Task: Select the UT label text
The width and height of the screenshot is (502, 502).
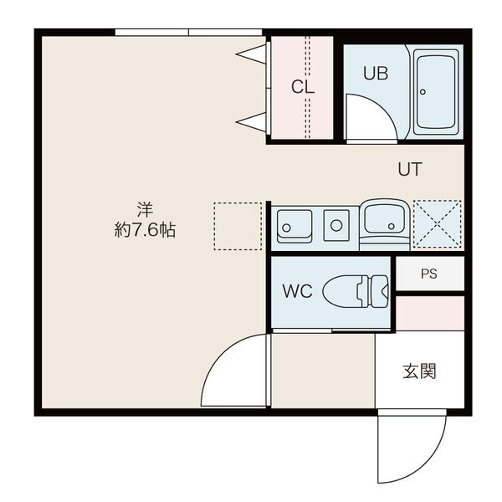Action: pos(409,169)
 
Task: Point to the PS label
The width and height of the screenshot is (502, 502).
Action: pos(428,274)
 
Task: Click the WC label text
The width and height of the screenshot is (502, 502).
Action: pos(296,292)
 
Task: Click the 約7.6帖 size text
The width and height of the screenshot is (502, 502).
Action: pos(145,230)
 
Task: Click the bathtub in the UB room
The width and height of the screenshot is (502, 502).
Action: pos(437,91)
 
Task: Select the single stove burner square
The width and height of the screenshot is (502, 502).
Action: pos(336,224)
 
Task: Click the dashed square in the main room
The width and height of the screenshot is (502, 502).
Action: pos(238,226)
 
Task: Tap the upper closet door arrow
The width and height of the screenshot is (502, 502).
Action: pos(252,56)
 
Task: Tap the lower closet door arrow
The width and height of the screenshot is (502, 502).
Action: pos(252,122)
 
